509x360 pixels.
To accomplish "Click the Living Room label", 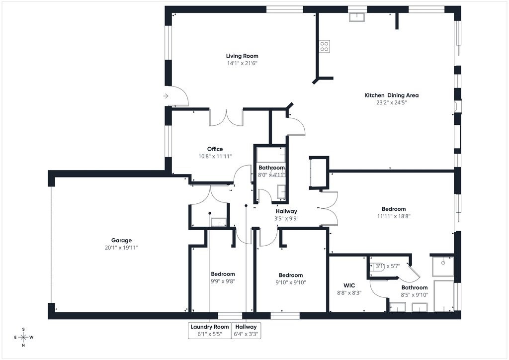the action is point(242,56).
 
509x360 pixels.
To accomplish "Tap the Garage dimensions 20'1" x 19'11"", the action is point(121,248).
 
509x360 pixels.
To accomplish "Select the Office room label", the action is point(215,149).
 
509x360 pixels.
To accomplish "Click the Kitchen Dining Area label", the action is point(392,95).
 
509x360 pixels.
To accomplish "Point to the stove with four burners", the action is point(324,46).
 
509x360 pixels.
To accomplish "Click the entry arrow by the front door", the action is point(166,96).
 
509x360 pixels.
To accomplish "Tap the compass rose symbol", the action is point(24,337).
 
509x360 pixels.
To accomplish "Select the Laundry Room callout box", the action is point(210,331).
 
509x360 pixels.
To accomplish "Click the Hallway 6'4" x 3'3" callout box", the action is point(246,331).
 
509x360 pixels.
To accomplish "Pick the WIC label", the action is point(349,285).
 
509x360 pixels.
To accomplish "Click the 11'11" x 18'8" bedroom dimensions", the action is point(394,216).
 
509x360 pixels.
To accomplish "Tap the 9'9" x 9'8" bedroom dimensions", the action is point(223,281).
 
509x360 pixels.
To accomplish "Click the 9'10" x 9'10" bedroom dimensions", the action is point(290,282).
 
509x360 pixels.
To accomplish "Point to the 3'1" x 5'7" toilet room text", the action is point(388,266).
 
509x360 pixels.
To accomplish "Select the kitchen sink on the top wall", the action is point(357,17).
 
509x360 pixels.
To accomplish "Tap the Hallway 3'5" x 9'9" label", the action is point(286,215).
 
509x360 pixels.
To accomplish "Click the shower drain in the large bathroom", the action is point(443,263).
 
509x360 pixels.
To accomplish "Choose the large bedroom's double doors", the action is point(329,208).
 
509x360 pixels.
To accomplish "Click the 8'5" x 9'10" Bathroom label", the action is point(415,291).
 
